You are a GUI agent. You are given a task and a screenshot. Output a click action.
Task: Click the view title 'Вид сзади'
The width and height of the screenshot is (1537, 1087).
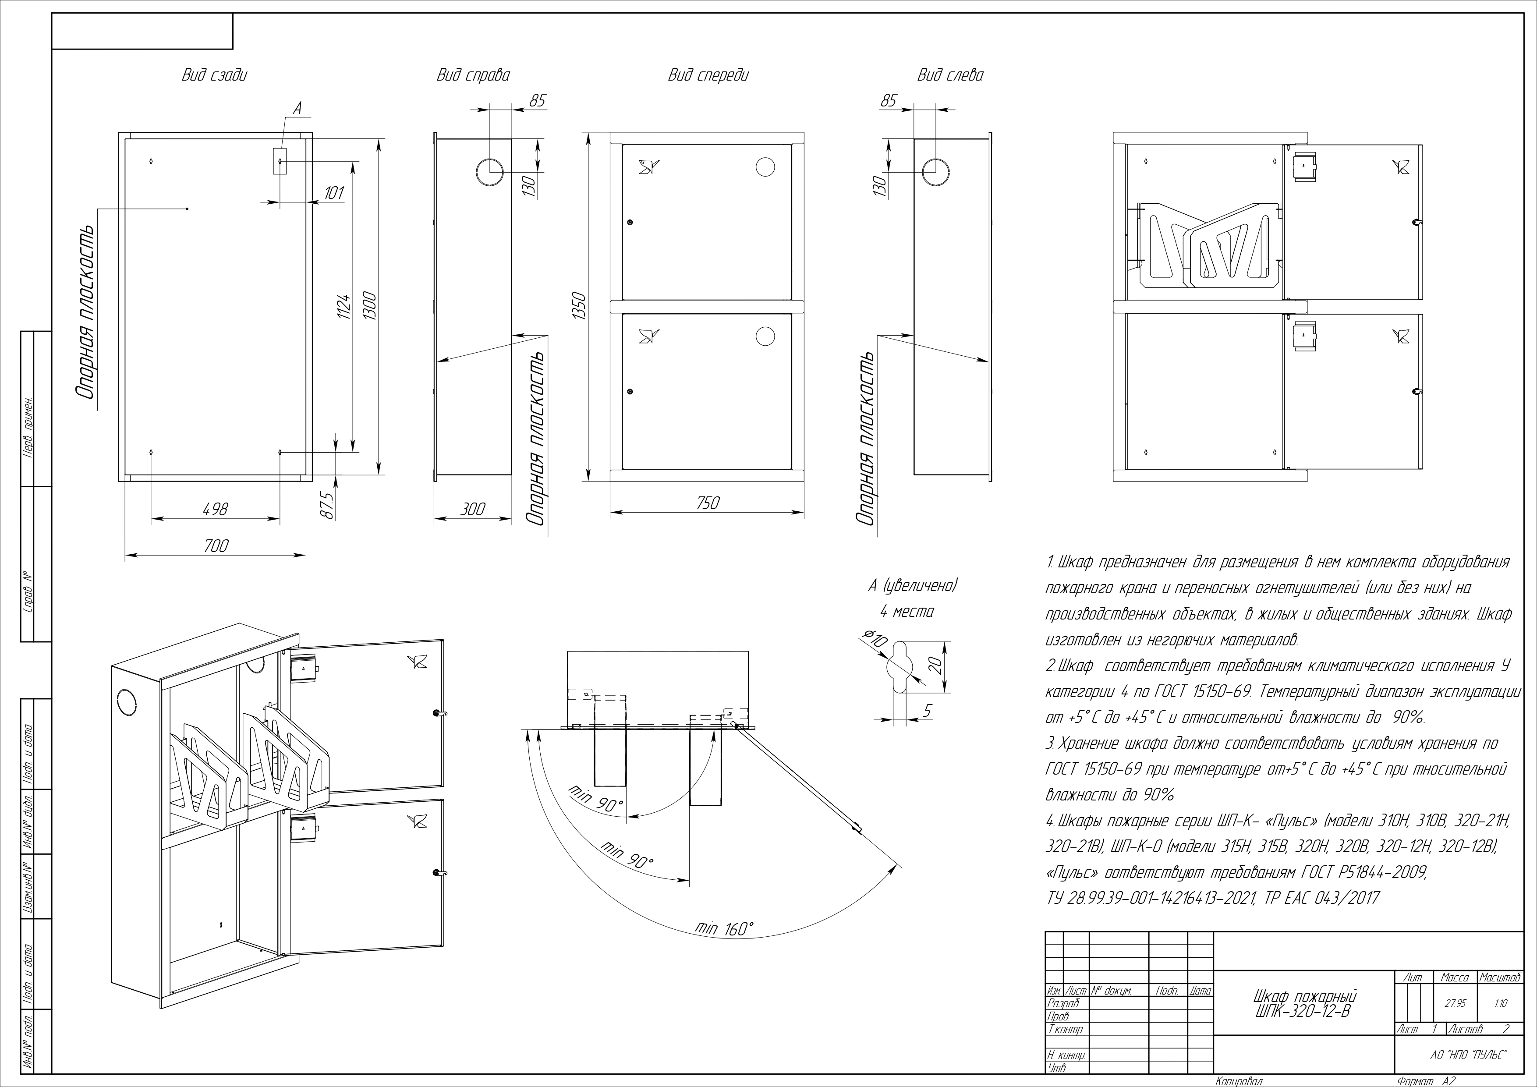(x=214, y=75)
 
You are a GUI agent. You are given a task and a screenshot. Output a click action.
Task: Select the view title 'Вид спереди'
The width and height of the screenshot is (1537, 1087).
(x=708, y=75)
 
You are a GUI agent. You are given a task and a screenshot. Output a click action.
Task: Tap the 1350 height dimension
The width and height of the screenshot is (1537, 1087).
(x=579, y=305)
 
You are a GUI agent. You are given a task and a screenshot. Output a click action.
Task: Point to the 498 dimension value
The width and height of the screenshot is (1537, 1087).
(x=215, y=510)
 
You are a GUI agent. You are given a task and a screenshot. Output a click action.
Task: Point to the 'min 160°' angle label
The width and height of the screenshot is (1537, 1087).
(x=724, y=928)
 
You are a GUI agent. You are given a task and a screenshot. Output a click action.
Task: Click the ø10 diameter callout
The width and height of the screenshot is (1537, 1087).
(x=875, y=638)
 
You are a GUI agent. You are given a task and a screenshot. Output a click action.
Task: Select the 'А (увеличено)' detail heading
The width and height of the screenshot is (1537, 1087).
(x=912, y=586)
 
